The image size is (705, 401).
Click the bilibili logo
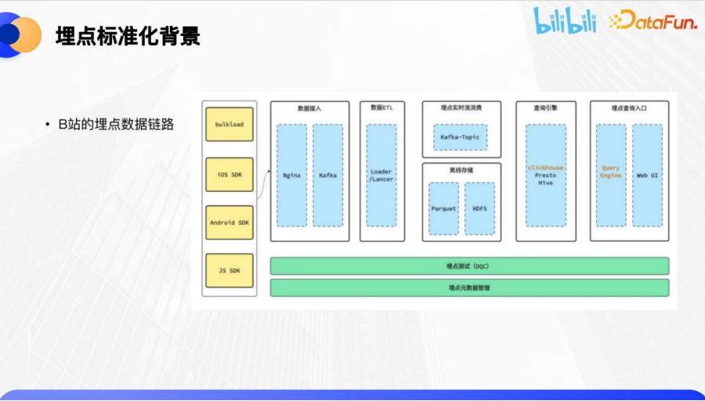(565, 20)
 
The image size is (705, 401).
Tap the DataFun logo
(653, 21)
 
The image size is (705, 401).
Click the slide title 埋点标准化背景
(128, 36)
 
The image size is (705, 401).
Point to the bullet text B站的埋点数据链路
(115, 124)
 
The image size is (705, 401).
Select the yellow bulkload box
(230, 125)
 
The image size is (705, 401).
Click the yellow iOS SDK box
(230, 174)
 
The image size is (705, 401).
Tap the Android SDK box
(230, 222)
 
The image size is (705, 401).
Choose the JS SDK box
(230, 270)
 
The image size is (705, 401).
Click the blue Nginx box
(291, 175)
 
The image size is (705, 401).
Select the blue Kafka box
(327, 175)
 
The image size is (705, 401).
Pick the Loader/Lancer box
(381, 175)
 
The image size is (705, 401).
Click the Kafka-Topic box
(460, 137)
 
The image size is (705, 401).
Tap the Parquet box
(443, 208)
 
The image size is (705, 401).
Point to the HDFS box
(479, 208)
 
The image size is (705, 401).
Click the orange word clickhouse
(545, 168)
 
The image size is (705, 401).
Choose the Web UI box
(647, 175)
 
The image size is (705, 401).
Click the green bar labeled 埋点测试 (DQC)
(469, 266)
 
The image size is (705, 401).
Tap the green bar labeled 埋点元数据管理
(469, 287)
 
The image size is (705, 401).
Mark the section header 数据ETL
(381, 108)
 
